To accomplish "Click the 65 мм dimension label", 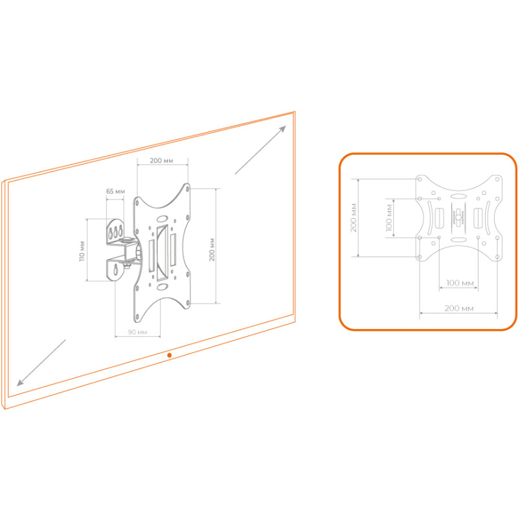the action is tap(115, 191).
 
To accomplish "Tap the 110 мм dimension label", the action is tap(82, 251).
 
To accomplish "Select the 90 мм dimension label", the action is tap(137, 332).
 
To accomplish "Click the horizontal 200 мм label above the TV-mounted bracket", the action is tap(161, 161).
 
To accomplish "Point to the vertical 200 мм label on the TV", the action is tap(212, 250).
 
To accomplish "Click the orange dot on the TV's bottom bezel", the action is tap(170, 355).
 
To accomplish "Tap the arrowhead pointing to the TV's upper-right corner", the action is tap(283, 128).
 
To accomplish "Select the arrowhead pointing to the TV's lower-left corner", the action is tap(21, 382).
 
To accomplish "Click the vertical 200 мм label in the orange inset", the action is tap(354, 218).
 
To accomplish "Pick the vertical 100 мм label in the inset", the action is tap(389, 218).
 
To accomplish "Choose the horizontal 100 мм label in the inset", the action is tap(460, 283).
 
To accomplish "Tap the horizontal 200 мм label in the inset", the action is tap(459, 308).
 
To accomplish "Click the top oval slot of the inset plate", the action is tap(458, 197).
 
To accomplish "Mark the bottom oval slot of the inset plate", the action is tap(458, 240).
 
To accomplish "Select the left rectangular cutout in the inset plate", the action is tap(439, 218).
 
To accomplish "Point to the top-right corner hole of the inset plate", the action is tap(497, 179).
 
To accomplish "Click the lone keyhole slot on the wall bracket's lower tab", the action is tap(116, 269).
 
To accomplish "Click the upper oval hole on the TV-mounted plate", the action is tap(163, 219).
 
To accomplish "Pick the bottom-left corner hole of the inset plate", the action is tap(420, 256).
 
